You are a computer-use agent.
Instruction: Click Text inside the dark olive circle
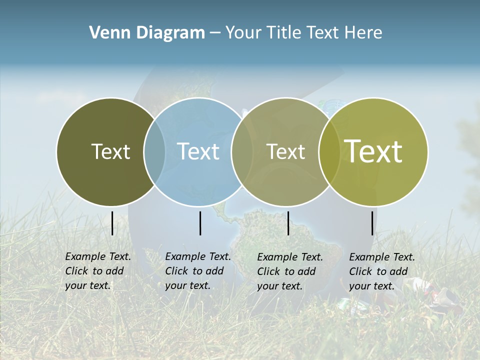point(110,151)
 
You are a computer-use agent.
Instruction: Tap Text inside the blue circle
point(198,151)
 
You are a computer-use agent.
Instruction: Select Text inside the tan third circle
point(285,151)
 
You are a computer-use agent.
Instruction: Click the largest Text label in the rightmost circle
point(373,151)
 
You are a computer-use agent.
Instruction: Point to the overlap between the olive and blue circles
point(154,151)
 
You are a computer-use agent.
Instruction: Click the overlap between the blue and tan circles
point(242,151)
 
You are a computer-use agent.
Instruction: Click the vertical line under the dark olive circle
point(112,223)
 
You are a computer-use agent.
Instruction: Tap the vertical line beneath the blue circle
point(200,223)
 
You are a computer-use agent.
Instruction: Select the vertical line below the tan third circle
point(288,223)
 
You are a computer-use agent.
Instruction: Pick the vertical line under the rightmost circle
point(372,223)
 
